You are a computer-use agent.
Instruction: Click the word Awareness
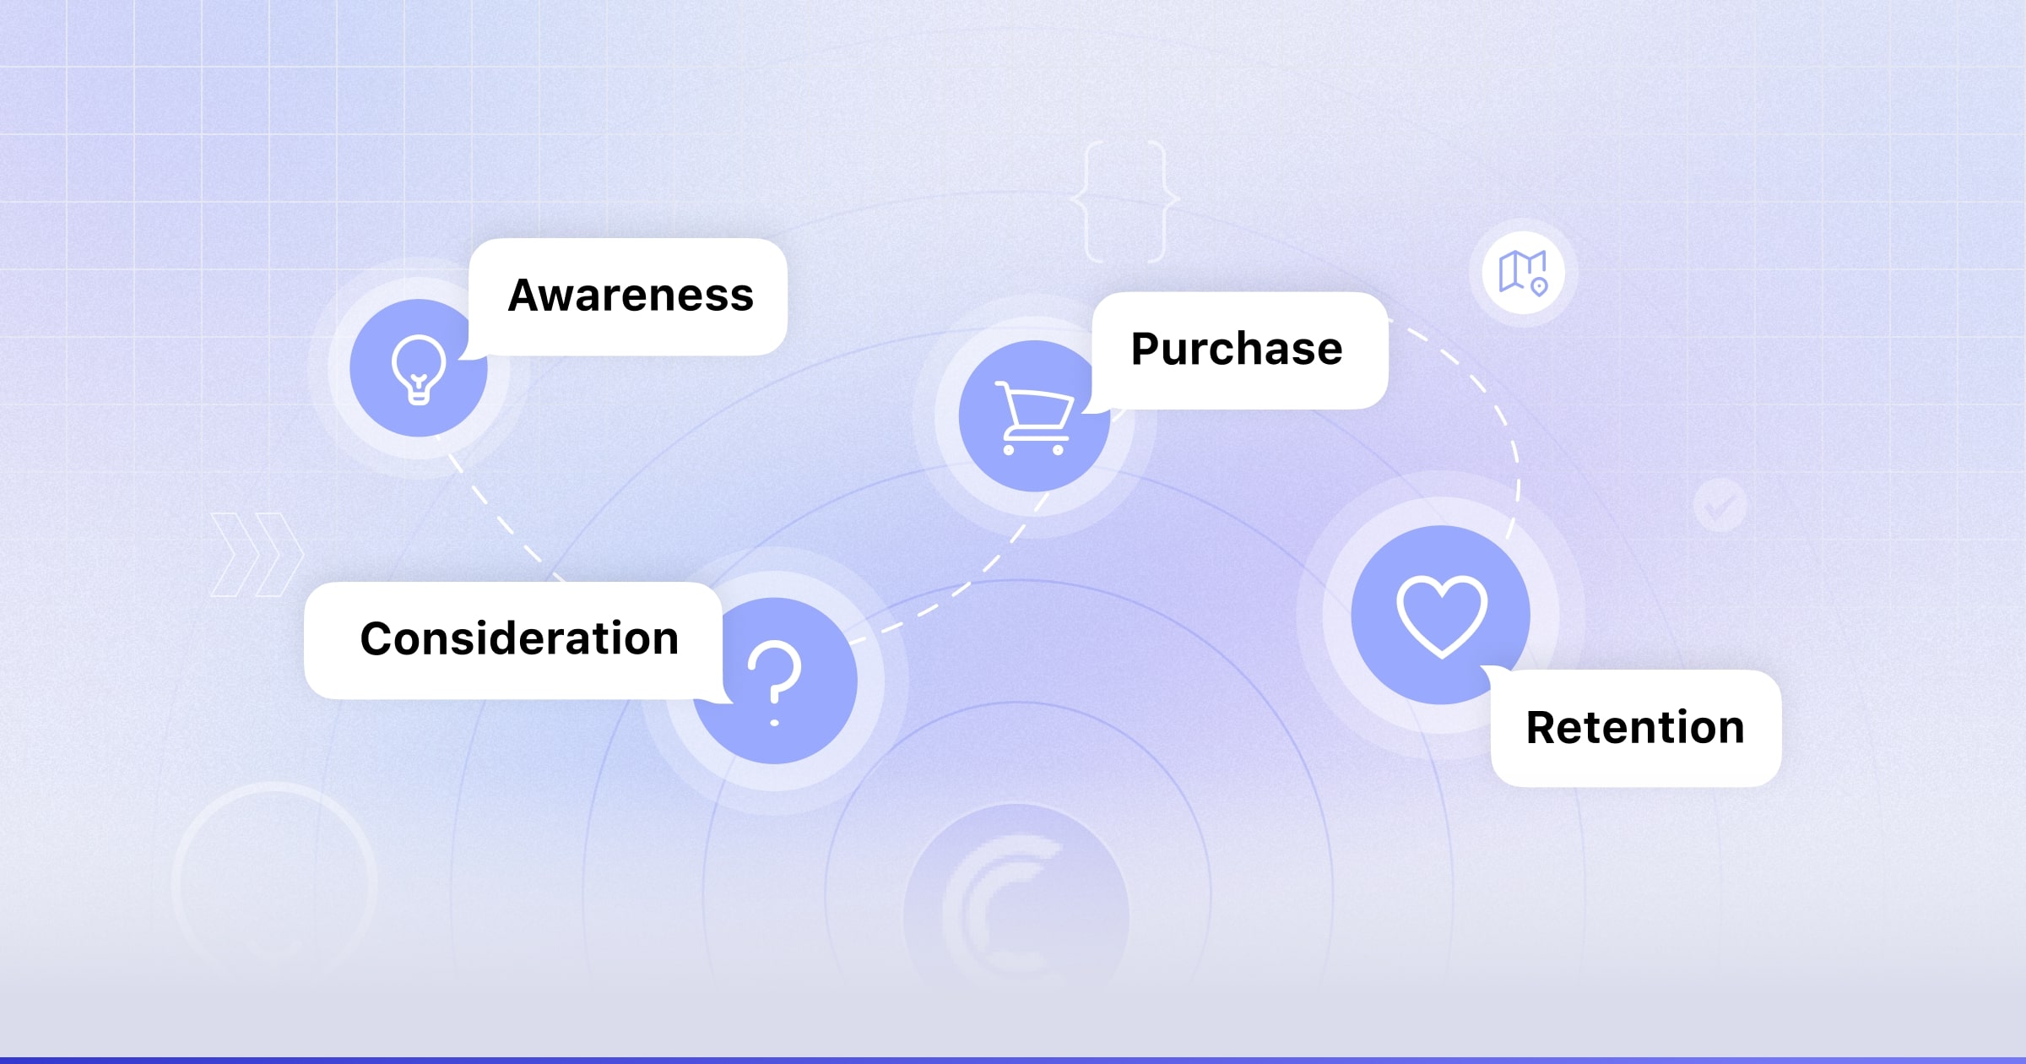point(631,296)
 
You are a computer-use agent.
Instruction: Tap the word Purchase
point(1237,349)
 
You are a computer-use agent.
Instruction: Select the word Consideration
point(519,638)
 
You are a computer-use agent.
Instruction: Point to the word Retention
point(1635,727)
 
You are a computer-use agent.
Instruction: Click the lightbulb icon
point(419,369)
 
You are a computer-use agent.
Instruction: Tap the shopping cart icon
point(1034,417)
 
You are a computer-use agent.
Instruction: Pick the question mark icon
point(775,681)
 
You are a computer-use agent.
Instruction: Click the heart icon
point(1441,616)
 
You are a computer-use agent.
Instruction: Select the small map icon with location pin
point(1523,273)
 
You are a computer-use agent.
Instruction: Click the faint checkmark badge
point(1720,505)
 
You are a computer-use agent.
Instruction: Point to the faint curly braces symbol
point(1125,201)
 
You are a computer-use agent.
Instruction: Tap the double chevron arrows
point(257,554)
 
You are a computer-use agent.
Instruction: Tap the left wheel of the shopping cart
point(1009,450)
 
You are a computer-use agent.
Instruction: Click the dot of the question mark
point(775,723)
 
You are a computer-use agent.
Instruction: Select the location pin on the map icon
point(1540,287)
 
